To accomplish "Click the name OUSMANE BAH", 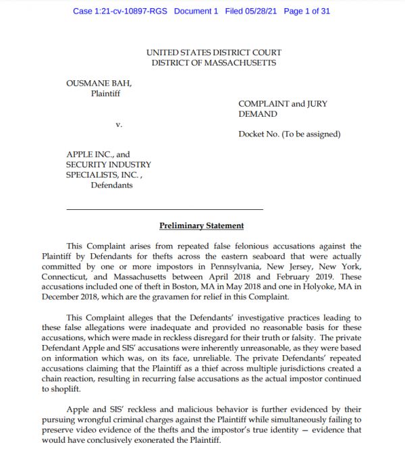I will point(99,83).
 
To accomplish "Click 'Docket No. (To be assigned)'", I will point(289,134).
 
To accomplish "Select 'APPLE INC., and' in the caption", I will point(97,155).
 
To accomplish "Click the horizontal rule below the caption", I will point(165,209).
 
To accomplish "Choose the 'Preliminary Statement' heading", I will point(201,225).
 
